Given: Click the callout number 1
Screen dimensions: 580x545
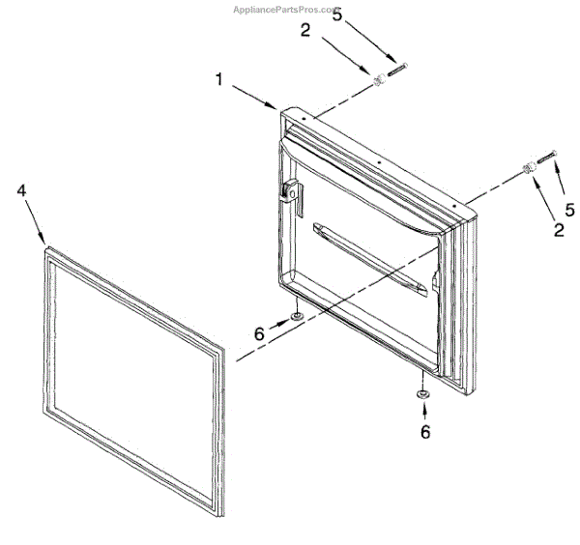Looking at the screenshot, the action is pos(219,81).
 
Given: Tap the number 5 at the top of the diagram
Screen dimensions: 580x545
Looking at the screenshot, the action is pos(336,15).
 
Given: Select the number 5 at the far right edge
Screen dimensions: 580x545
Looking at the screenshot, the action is pos(569,208).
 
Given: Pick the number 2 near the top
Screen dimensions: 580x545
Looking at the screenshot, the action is pos(305,31).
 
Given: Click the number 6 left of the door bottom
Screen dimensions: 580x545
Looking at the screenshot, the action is pos(260,332).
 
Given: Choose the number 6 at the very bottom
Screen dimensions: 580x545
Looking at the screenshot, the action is pos(425,432).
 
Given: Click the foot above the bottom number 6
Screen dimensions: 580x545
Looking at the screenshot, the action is pos(423,394).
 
